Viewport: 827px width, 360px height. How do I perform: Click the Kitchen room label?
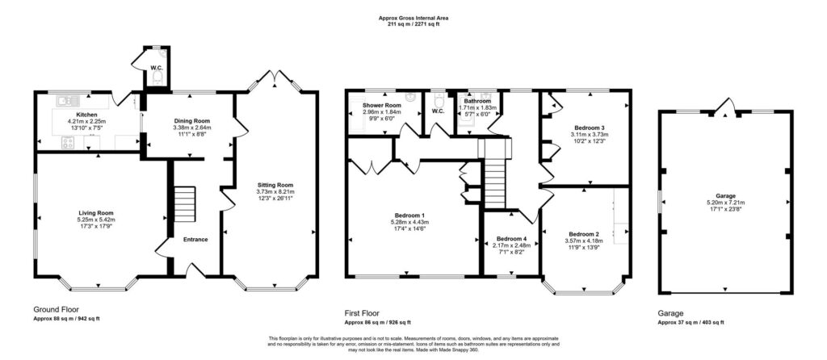coord(87,115)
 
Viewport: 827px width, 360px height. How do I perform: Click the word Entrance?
coord(195,239)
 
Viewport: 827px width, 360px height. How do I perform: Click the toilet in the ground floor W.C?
coord(157,78)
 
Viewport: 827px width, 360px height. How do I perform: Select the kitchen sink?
coord(69,99)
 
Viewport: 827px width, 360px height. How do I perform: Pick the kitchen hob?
coord(69,143)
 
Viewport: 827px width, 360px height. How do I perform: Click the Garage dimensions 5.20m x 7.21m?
coord(725,202)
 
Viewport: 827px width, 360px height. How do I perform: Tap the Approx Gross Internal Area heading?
coord(413,18)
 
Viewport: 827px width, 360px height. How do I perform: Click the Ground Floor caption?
coord(57,309)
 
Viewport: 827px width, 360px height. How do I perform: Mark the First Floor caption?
coord(362,313)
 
